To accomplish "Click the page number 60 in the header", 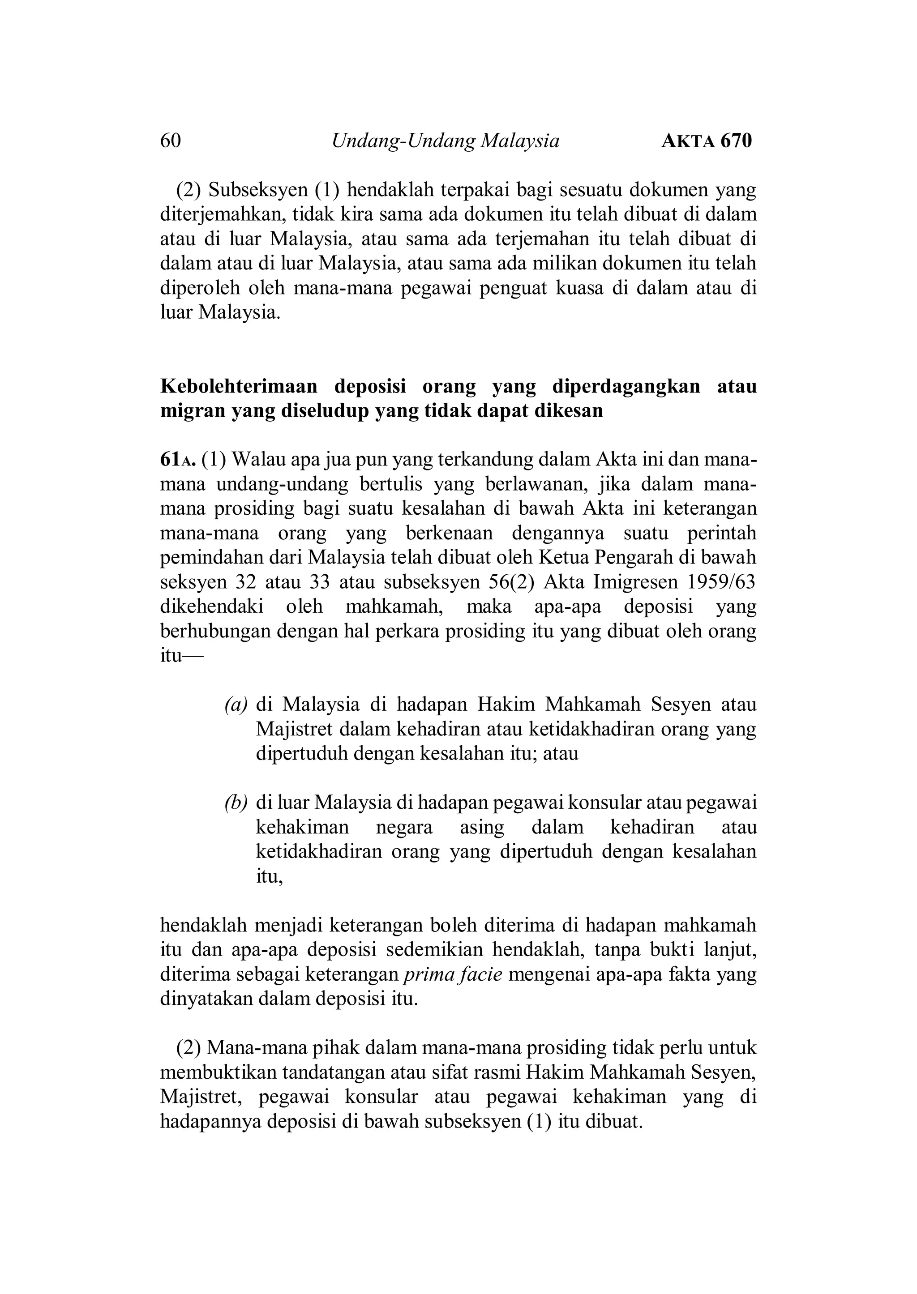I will [171, 141].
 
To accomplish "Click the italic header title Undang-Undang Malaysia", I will [446, 141].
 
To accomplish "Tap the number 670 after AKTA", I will [736, 141].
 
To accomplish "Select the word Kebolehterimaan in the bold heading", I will [239, 387].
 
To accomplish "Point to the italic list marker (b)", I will [236, 803].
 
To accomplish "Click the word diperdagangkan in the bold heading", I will [626, 387].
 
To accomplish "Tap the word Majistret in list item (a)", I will [295, 729].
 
